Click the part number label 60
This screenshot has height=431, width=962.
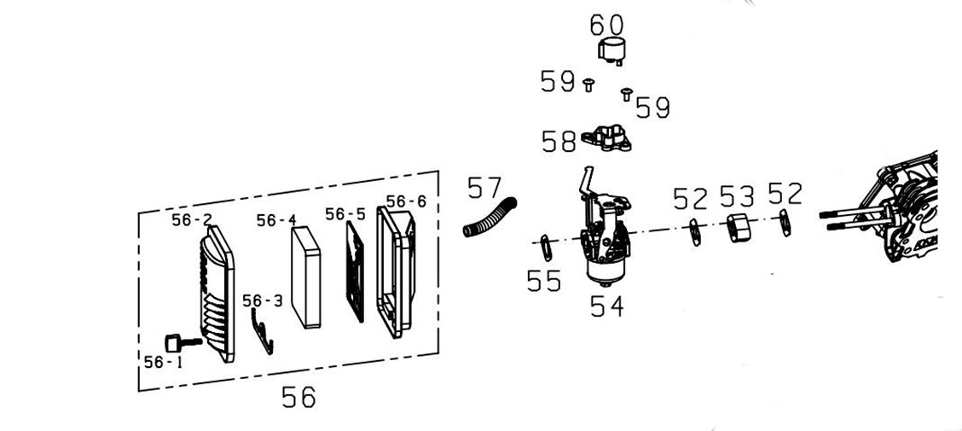point(606,25)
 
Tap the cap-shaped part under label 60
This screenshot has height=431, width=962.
point(611,50)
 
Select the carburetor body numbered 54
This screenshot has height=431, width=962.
point(606,239)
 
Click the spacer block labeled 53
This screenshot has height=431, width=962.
point(739,229)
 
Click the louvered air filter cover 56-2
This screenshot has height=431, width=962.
point(214,294)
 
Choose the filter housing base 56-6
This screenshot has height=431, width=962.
point(397,271)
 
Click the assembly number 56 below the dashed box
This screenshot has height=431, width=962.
point(298,397)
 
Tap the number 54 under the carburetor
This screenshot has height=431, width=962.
point(606,306)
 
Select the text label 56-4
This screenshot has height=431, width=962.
point(276,221)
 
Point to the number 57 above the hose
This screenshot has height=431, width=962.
point(484,188)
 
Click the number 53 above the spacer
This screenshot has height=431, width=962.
point(737,197)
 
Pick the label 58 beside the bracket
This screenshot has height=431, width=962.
point(559,142)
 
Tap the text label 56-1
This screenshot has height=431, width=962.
point(163,362)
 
